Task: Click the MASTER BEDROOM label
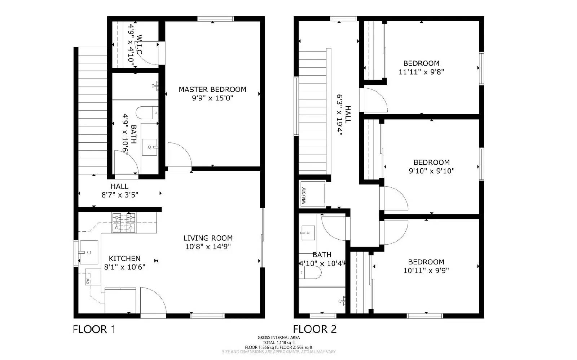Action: click(x=212, y=89)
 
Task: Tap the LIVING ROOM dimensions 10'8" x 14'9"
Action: click(x=208, y=247)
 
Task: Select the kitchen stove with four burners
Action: click(x=124, y=223)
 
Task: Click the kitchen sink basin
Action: click(x=88, y=252)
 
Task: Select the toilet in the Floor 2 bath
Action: click(x=311, y=272)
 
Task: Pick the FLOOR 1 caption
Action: click(x=94, y=329)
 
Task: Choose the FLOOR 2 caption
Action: click(x=314, y=329)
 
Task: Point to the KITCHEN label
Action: click(x=124, y=258)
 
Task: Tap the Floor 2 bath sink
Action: click(x=308, y=232)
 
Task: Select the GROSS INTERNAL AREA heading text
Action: click(x=278, y=338)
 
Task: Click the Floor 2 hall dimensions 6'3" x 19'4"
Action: click(x=339, y=114)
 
